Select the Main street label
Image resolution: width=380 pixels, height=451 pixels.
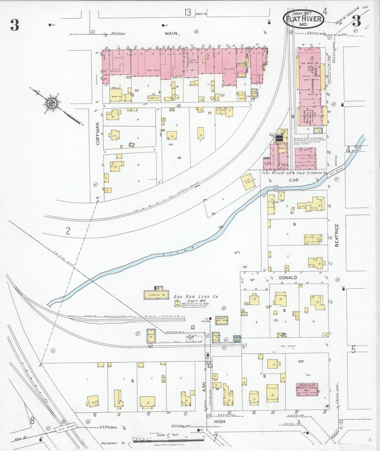pyautogui.click(x=172, y=33)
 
